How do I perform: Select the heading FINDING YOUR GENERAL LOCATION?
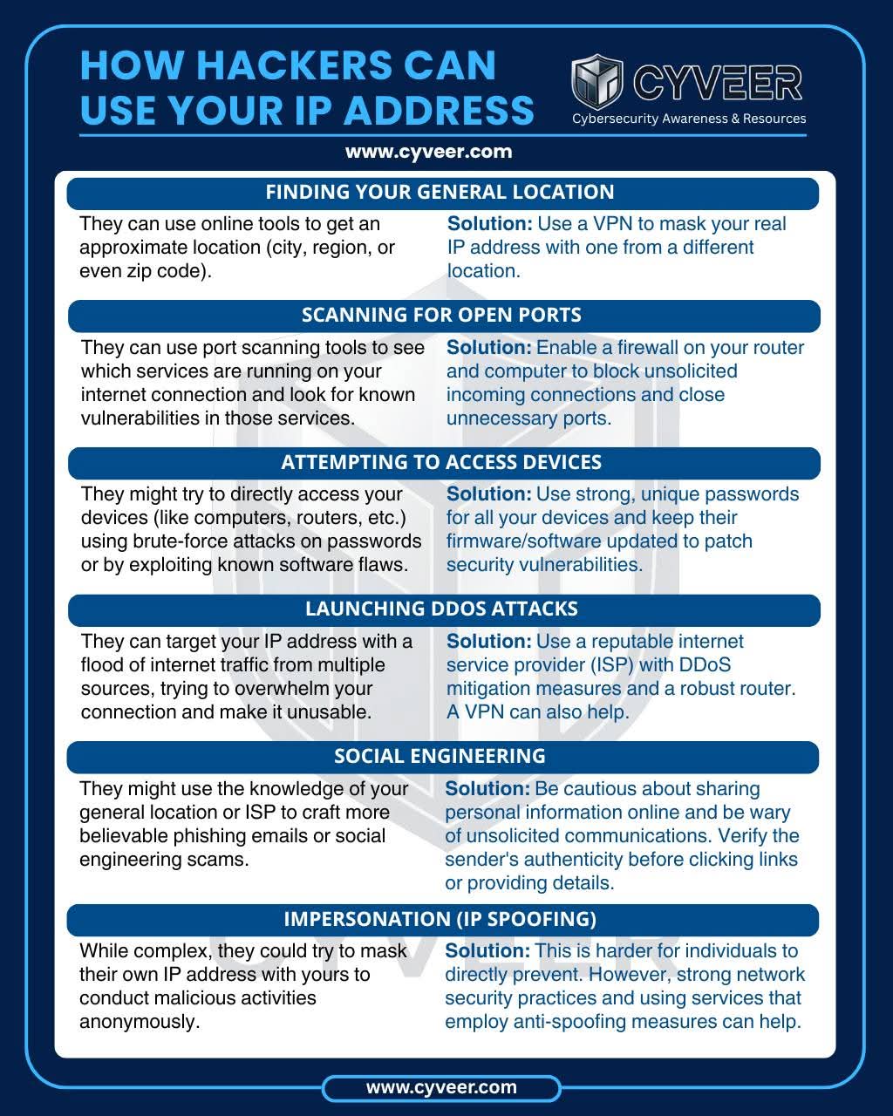click(440, 192)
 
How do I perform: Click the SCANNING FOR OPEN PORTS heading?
click(441, 315)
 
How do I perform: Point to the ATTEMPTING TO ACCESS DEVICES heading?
click(441, 462)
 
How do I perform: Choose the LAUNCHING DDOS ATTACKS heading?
click(441, 609)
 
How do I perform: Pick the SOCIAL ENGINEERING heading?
click(440, 756)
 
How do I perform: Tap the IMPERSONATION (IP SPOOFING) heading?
click(440, 919)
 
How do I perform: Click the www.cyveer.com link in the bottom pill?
click(441, 1087)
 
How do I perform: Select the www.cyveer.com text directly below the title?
click(428, 152)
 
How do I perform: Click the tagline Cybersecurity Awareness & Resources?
click(689, 119)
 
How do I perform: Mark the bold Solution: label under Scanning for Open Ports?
click(488, 348)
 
